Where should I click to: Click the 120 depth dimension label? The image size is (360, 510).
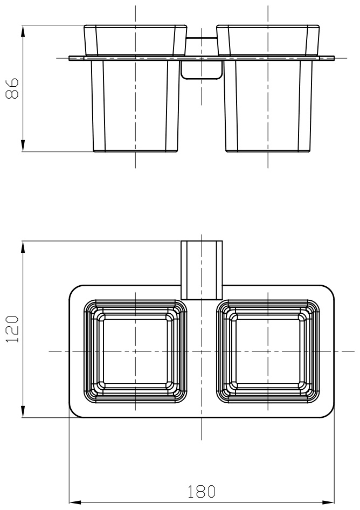click(x=12, y=329)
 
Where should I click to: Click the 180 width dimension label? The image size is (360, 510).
click(x=202, y=491)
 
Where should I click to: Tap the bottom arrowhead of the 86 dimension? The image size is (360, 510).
click(x=23, y=146)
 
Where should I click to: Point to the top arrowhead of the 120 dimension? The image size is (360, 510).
click(x=23, y=247)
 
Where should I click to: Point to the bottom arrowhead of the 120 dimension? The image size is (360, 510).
click(x=23, y=411)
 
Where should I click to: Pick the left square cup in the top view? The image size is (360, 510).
click(x=135, y=352)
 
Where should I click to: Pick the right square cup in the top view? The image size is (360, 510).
click(x=268, y=352)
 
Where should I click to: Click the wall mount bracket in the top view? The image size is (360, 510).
click(x=202, y=270)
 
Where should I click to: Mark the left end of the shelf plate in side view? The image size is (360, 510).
click(x=70, y=58)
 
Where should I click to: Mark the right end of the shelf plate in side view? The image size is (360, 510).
click(x=334, y=58)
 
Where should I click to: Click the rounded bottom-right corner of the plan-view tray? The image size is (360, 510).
click(x=330, y=413)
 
